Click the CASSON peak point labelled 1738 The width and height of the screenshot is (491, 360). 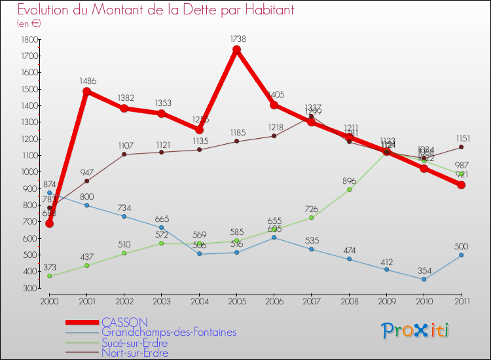[x=236, y=50]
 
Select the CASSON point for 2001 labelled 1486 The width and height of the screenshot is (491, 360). [x=86, y=92]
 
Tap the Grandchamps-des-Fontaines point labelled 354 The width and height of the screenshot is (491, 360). [x=424, y=279]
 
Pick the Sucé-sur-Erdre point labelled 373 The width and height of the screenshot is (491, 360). [x=49, y=276]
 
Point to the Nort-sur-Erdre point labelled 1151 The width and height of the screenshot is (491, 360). [x=461, y=147]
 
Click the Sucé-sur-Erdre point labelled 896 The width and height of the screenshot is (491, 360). [x=349, y=189]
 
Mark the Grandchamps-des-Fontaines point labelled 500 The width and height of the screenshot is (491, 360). [x=461, y=255]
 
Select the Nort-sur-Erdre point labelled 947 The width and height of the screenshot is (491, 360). [x=86, y=181]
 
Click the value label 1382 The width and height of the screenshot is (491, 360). [x=126, y=98]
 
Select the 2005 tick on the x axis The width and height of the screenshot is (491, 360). [x=236, y=300]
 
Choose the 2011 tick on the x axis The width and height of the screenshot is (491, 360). [x=461, y=300]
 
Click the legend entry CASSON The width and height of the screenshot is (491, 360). [x=124, y=322]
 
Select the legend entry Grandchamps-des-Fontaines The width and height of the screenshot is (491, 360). [x=169, y=333]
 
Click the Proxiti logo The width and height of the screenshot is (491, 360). [x=416, y=331]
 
